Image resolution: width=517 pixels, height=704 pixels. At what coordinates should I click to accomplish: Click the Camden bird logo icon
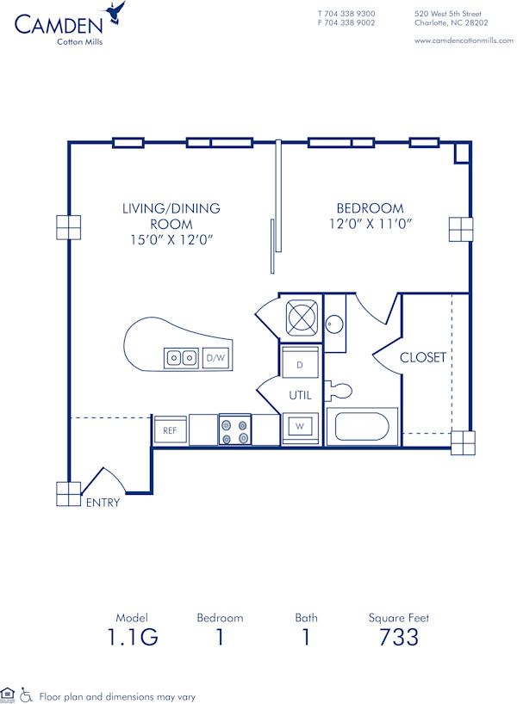pyautogui.click(x=115, y=14)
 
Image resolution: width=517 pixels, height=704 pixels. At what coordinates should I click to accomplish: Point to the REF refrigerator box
pyautogui.click(x=170, y=429)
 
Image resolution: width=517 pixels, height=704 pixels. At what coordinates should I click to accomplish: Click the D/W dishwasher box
pyautogui.click(x=215, y=357)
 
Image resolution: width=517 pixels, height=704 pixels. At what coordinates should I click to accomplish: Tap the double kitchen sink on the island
pyautogui.click(x=181, y=357)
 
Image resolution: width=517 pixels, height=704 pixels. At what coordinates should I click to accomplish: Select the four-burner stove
pyautogui.click(x=234, y=429)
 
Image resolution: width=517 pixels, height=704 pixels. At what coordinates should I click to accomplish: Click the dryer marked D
pyautogui.click(x=300, y=364)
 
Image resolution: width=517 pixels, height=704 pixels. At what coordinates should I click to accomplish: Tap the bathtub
pyautogui.click(x=362, y=427)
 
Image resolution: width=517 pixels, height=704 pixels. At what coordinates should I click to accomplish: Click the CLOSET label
pyautogui.click(x=422, y=357)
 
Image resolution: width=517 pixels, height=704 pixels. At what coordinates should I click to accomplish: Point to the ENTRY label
pyautogui.click(x=102, y=503)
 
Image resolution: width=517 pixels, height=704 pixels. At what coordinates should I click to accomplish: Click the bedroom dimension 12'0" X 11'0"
pyautogui.click(x=370, y=225)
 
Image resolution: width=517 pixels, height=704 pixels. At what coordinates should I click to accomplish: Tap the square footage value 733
pyautogui.click(x=399, y=637)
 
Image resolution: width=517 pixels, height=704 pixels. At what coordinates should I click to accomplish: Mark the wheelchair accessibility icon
pyautogui.click(x=26, y=695)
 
